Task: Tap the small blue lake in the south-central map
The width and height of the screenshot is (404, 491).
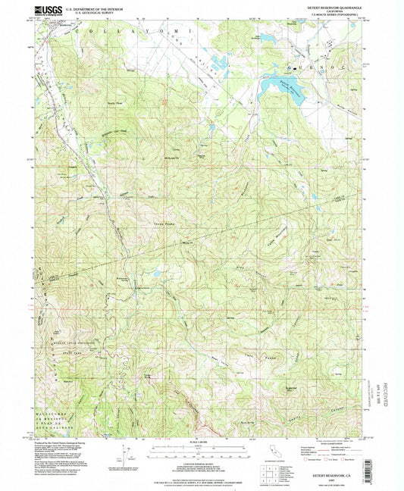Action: (x=155, y=274)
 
